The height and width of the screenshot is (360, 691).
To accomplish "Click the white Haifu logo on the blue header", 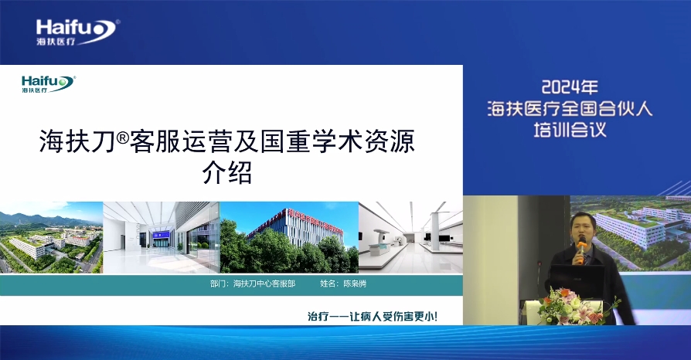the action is tap(77, 32).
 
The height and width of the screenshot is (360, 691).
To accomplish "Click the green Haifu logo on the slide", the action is tap(49, 83).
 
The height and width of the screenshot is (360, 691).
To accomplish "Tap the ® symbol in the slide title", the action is tap(123, 138).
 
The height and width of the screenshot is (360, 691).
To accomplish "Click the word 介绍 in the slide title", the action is tap(227, 172).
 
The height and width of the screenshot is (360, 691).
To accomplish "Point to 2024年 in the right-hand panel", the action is tap(569, 87).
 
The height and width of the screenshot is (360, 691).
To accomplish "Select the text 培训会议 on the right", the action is tap(570, 130).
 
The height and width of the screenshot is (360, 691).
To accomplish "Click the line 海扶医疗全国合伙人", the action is tap(570, 108).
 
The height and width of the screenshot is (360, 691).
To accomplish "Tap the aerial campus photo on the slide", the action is tap(51, 237).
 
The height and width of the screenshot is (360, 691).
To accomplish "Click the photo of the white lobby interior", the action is tap(162, 237).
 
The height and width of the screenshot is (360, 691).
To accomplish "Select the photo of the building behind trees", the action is tap(289, 237).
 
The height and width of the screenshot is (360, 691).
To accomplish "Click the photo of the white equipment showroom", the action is tap(410, 237).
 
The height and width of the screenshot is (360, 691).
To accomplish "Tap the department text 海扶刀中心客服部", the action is tap(264, 284).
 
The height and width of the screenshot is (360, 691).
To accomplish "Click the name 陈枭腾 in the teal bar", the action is tap(355, 284).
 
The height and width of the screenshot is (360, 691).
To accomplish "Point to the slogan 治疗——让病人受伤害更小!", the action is tap(373, 316).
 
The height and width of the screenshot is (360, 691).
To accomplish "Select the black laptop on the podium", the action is tap(577, 283).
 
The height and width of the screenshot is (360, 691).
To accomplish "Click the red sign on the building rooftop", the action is tap(315, 219).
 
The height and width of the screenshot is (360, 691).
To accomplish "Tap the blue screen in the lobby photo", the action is tap(161, 239).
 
